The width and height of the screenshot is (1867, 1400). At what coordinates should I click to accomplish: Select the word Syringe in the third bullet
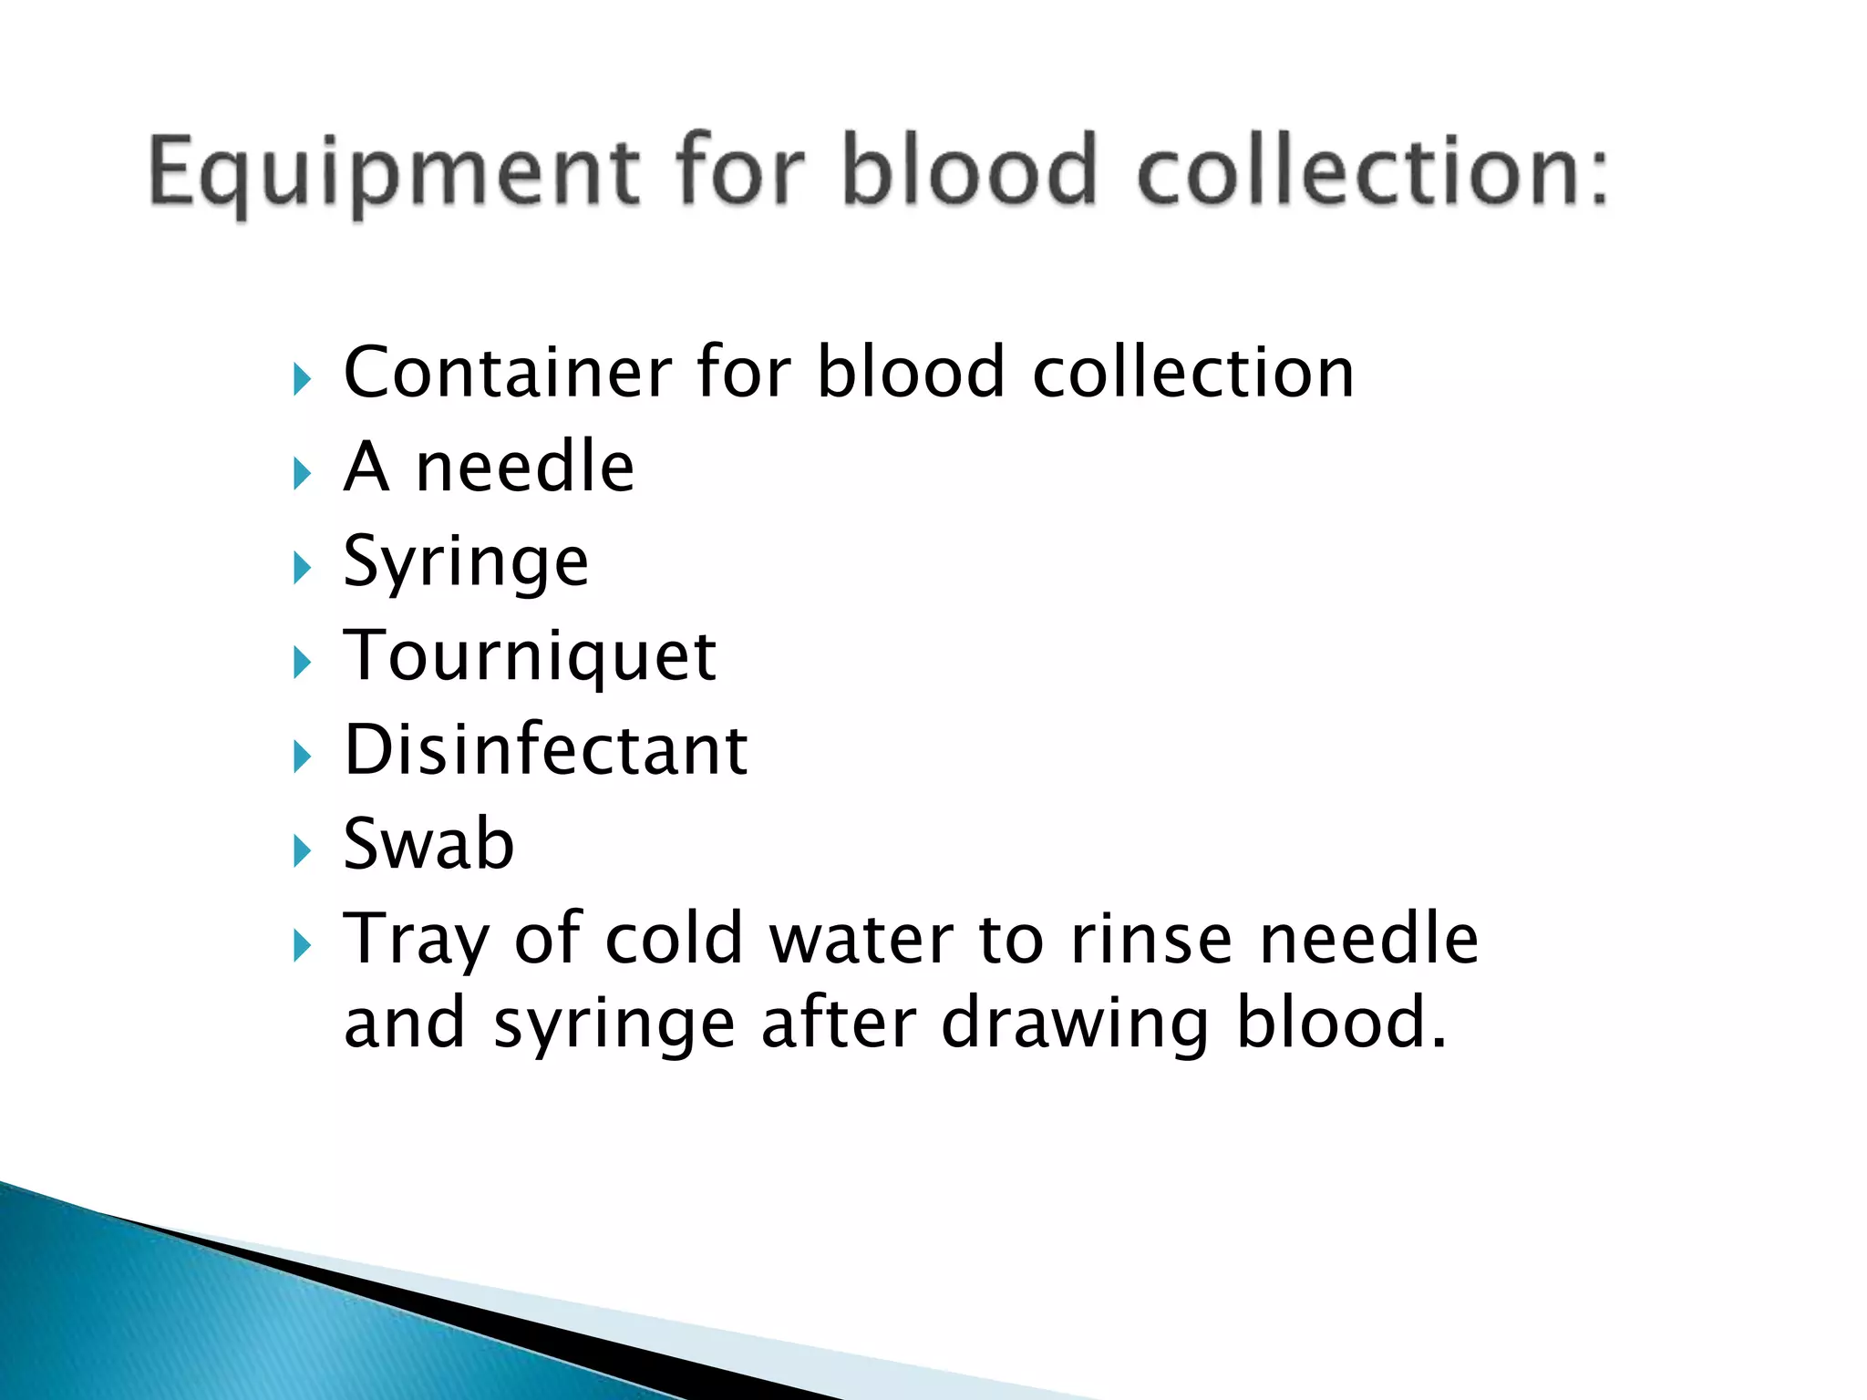click(x=466, y=563)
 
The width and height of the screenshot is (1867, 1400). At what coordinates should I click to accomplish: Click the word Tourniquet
click(x=530, y=656)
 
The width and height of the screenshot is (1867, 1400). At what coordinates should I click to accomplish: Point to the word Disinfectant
click(x=546, y=750)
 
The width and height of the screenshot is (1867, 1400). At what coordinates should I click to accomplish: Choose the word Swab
click(x=428, y=844)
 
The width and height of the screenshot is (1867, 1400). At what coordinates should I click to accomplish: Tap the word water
click(x=861, y=939)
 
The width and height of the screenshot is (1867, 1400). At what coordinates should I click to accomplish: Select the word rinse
click(x=1151, y=939)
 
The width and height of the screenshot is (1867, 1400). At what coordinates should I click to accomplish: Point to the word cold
click(x=675, y=939)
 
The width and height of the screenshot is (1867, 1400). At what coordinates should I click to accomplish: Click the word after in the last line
click(x=838, y=1023)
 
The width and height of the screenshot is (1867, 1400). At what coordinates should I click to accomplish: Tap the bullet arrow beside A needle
click(x=303, y=473)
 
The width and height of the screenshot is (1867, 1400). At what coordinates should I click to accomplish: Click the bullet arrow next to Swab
click(x=303, y=851)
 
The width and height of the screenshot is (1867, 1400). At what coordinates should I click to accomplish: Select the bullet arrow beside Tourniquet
click(x=303, y=663)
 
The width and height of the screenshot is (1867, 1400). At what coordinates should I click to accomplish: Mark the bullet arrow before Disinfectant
click(x=303, y=757)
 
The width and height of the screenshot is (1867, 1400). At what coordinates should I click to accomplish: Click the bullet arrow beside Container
click(x=303, y=379)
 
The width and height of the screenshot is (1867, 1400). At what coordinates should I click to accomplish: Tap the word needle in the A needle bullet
click(x=524, y=468)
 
